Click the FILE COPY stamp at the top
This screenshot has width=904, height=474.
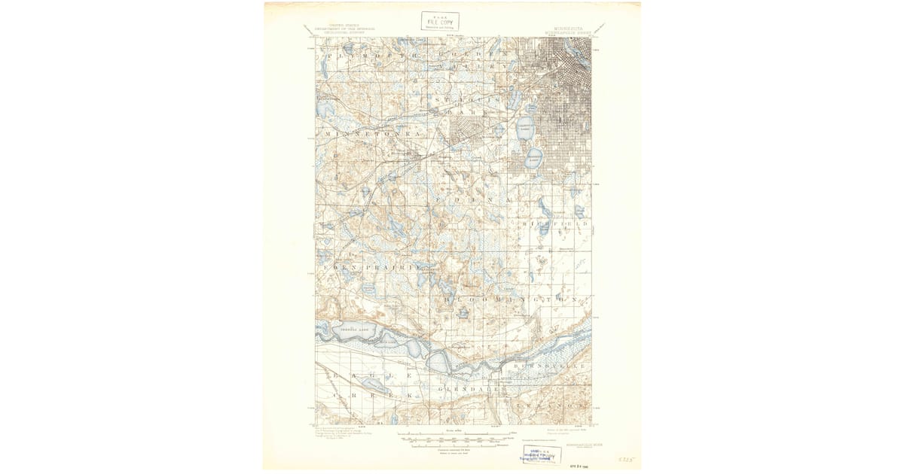[x=440, y=21]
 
